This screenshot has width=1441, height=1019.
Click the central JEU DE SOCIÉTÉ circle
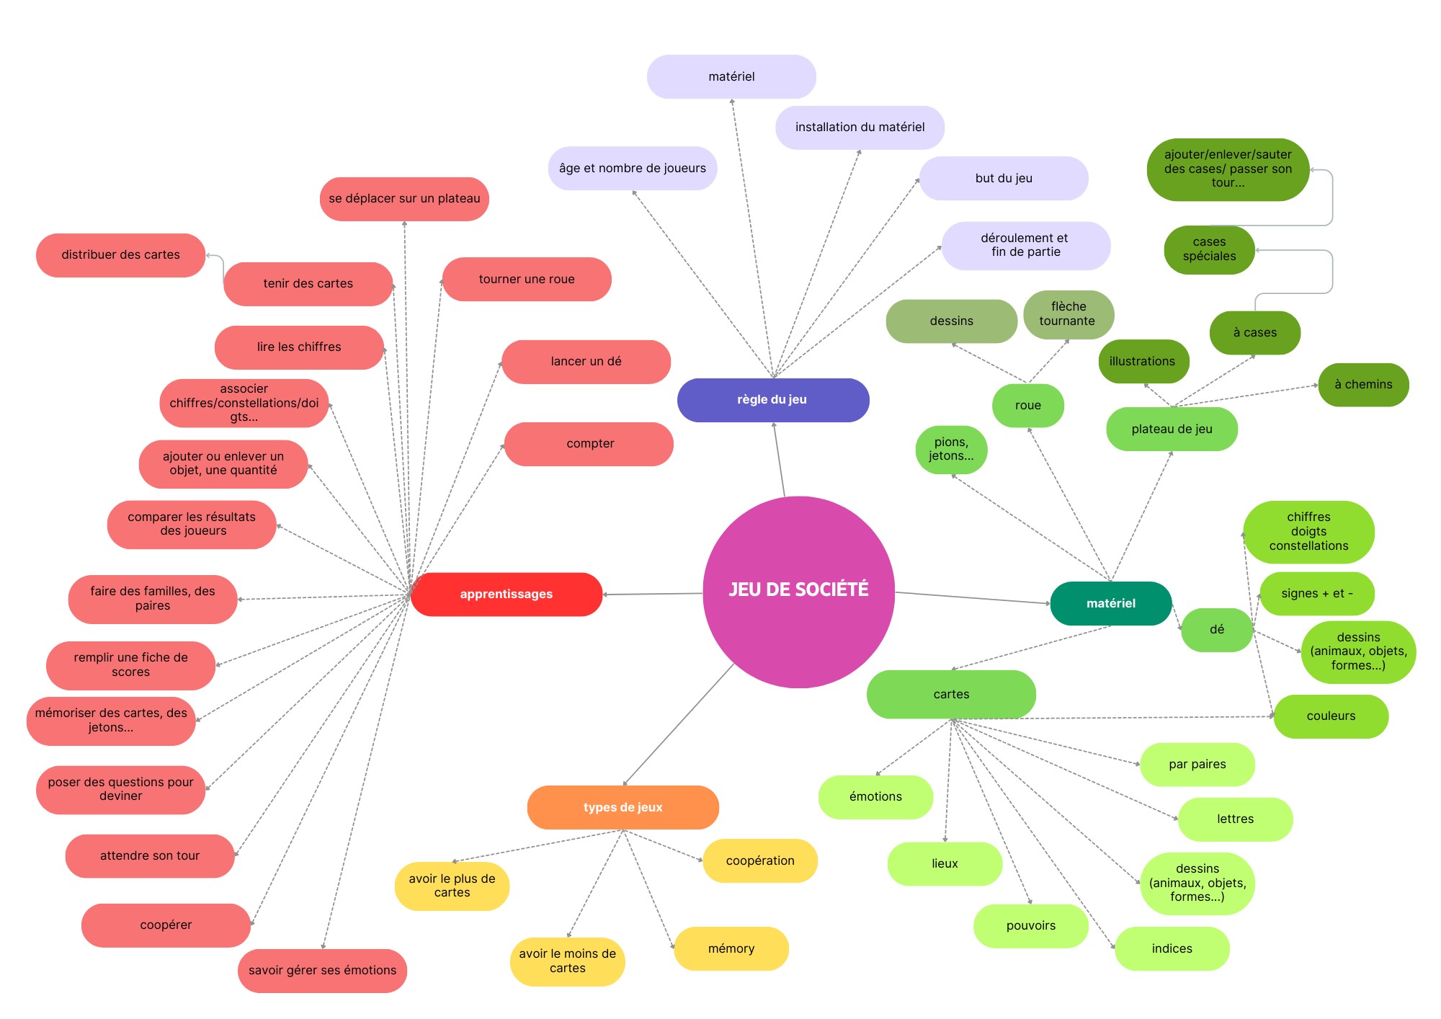tap(798, 591)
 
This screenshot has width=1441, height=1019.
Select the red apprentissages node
tap(506, 595)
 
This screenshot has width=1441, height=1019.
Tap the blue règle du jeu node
tap(772, 400)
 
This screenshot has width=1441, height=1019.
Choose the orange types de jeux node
tap(623, 807)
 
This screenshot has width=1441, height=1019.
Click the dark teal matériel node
tap(1110, 604)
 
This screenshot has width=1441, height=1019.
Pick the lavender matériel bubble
tap(731, 76)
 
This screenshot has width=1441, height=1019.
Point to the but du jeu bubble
tap(1003, 178)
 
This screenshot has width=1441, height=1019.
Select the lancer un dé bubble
tap(586, 362)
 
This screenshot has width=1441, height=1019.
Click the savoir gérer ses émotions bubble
tap(322, 971)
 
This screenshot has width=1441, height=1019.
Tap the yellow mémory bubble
tap(731, 948)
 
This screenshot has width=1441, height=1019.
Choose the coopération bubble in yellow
tap(760, 860)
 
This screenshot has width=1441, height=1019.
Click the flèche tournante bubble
tap(1068, 314)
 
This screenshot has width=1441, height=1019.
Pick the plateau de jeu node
tap(1172, 430)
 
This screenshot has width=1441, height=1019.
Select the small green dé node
tap(1216, 630)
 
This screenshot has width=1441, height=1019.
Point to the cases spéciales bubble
tap(1209, 249)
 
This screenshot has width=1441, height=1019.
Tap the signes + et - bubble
tap(1316, 594)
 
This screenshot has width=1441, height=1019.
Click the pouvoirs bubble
tap(1030, 926)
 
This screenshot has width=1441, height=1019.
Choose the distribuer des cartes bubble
tap(120, 255)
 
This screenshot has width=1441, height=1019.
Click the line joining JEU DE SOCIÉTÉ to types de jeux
tap(677, 725)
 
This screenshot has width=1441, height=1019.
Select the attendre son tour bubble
tap(150, 856)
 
